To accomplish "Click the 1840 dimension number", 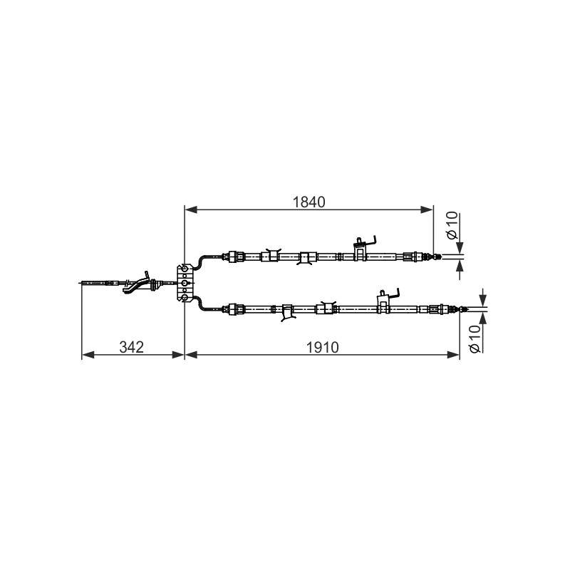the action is (x=309, y=202).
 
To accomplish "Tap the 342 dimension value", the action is (x=132, y=347).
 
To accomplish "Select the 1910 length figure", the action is (x=323, y=347).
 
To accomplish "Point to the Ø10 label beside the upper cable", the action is (x=452, y=225).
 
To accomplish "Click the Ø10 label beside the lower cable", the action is (x=475, y=339).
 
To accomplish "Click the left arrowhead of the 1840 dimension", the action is (x=191, y=209).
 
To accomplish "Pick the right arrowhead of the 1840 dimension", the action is (x=427, y=209).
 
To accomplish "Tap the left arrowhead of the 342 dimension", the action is (x=88, y=354).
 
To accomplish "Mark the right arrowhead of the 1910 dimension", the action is (x=453, y=354).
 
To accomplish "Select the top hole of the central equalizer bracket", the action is (x=185, y=269).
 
